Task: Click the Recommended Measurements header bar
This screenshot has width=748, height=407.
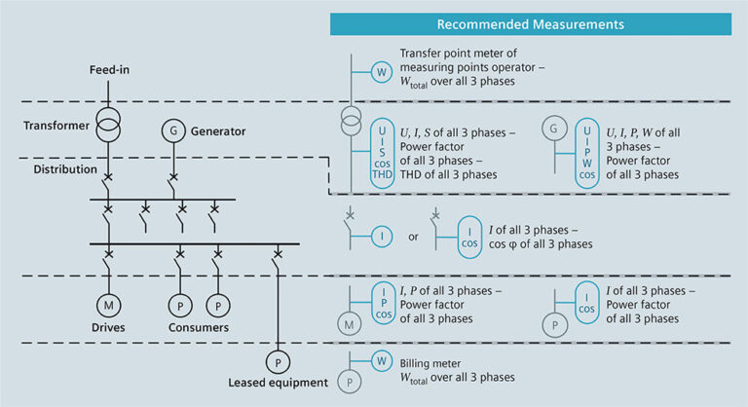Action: pos(530,23)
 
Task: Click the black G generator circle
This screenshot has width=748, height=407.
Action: pos(172,129)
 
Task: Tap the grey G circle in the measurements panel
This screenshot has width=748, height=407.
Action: pos(553,129)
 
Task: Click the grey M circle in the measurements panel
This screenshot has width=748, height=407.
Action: pos(348,322)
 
